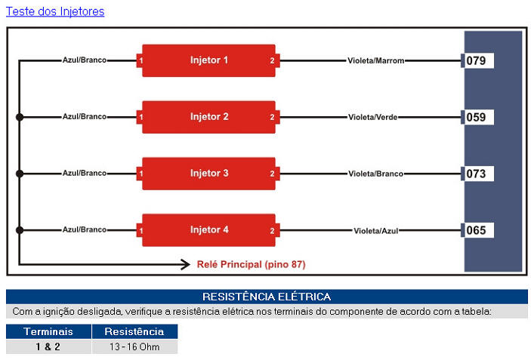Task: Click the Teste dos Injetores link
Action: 55,11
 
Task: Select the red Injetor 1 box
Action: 208,60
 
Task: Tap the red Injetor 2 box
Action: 208,117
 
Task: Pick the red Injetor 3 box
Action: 208,174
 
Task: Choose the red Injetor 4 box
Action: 208,230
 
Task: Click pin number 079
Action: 477,60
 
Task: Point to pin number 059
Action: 477,117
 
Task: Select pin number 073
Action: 477,174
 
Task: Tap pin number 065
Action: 477,230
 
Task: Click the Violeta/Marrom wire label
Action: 376,60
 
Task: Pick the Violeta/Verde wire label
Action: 373,117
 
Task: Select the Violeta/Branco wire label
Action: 375,174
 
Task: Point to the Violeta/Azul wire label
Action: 375,230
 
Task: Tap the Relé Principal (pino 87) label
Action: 251,264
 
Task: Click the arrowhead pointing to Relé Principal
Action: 184,264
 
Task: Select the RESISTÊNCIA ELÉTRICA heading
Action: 266,297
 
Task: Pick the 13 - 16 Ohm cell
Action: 134,346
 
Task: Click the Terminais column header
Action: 48,331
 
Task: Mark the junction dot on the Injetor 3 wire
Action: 20,174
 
